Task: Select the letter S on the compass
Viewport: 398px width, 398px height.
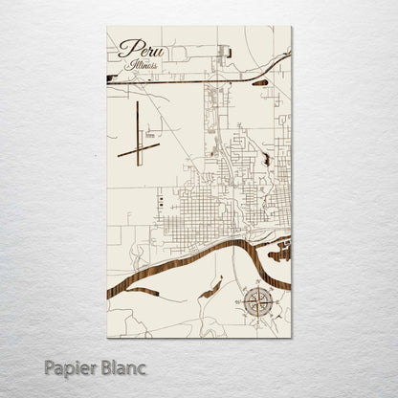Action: coord(255,319)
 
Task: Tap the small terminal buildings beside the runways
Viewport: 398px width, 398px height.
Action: coord(151,137)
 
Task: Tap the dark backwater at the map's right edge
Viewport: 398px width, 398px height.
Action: coord(280,254)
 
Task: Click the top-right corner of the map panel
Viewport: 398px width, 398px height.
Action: coord(291,28)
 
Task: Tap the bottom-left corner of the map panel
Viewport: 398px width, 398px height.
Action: coord(108,337)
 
